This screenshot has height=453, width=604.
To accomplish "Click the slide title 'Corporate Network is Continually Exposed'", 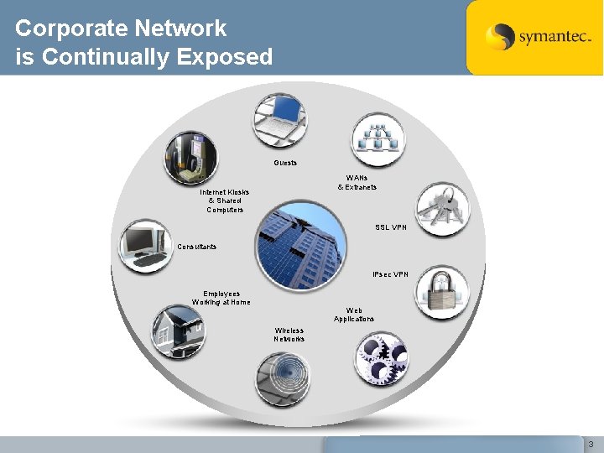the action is pyautogui.click(x=143, y=42).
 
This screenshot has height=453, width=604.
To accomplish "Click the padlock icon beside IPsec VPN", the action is pyautogui.click(x=442, y=293).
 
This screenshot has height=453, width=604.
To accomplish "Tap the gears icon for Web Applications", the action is pyautogui.click(x=381, y=359).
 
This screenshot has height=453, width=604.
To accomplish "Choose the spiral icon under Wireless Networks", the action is pyautogui.click(x=282, y=379).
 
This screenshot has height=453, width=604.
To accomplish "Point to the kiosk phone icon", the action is pyautogui.click(x=190, y=157).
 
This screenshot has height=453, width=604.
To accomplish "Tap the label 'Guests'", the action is pyautogui.click(x=285, y=163).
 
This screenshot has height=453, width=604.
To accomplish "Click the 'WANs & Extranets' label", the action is pyautogui.click(x=357, y=182).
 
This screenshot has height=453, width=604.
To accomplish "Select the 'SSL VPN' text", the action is pyautogui.click(x=391, y=227).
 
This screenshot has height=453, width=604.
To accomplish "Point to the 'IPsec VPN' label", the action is pyautogui.click(x=390, y=274).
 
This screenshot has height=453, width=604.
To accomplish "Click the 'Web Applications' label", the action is pyautogui.click(x=354, y=315).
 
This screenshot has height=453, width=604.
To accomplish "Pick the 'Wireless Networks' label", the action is pyautogui.click(x=289, y=335).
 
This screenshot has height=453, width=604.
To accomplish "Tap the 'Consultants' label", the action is pyautogui.click(x=197, y=247).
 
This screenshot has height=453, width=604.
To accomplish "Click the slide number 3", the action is pyautogui.click(x=591, y=444).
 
